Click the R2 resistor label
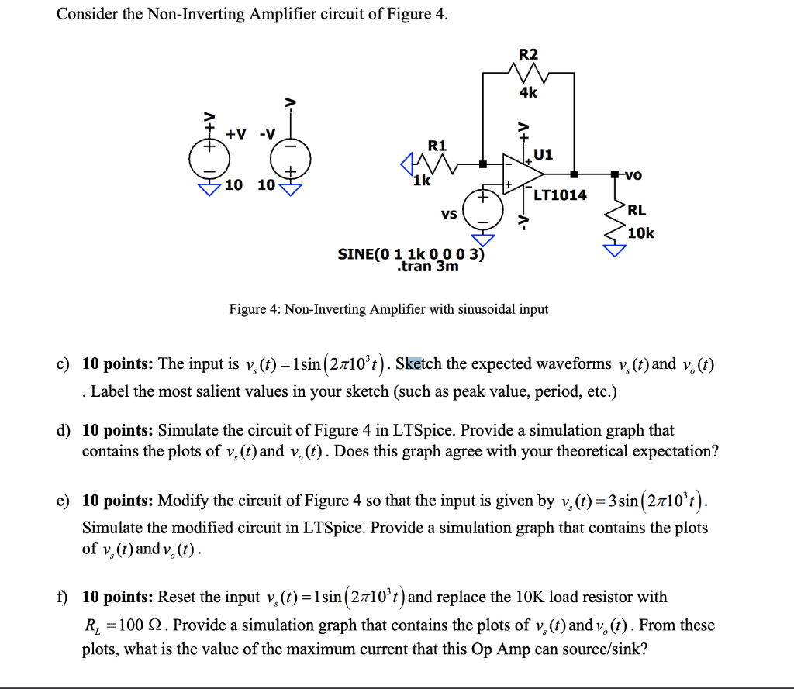pyautogui.click(x=527, y=54)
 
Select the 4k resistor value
pyautogui.click(x=527, y=92)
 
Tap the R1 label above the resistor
pyautogui.click(x=437, y=146)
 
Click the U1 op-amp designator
pyautogui.click(x=544, y=154)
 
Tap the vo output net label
pyautogui.click(x=631, y=175)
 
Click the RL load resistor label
pyautogui.click(x=636, y=210)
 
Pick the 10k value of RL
pyautogui.click(x=640, y=233)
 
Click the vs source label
pyautogui.click(x=448, y=213)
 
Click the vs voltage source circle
pyautogui.click(x=482, y=210)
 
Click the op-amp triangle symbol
pyautogui.click(x=516, y=175)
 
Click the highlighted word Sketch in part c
pyautogui.click(x=419, y=364)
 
